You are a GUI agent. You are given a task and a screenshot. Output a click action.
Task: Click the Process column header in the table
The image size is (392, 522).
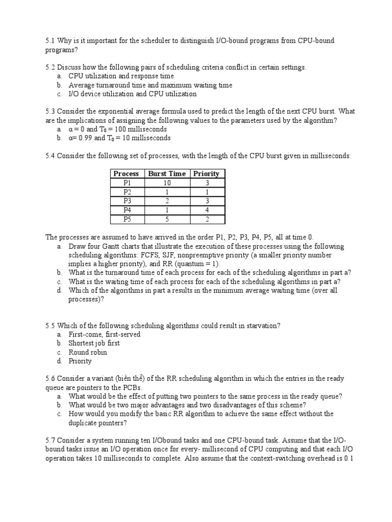(x=126, y=173)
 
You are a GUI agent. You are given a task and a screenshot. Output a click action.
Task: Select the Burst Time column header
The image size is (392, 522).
(x=166, y=173)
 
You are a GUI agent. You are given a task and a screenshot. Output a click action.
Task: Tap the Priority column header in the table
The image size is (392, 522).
(x=206, y=173)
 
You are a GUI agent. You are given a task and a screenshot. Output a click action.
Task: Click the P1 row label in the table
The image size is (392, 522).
(x=127, y=182)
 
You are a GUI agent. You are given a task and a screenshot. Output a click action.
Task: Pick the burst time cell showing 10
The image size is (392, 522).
(x=166, y=182)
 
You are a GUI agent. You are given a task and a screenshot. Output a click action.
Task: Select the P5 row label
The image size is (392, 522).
(x=127, y=219)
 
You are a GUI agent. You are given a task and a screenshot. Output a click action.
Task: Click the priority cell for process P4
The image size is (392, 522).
(x=206, y=210)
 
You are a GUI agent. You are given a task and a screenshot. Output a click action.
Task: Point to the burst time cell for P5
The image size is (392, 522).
(x=166, y=219)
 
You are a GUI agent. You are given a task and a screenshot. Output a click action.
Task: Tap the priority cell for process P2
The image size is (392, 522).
(x=206, y=192)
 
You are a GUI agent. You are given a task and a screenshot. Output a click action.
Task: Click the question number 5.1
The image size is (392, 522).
(x=50, y=41)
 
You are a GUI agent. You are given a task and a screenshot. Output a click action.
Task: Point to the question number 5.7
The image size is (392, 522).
(x=50, y=439)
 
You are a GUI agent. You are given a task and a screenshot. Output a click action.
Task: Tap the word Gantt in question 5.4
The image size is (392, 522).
(x=115, y=246)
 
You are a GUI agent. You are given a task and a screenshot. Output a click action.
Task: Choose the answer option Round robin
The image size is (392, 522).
(x=88, y=352)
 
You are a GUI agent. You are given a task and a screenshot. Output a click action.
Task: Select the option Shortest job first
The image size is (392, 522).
(x=94, y=343)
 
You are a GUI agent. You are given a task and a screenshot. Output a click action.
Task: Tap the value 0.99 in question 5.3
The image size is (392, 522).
(x=84, y=138)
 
